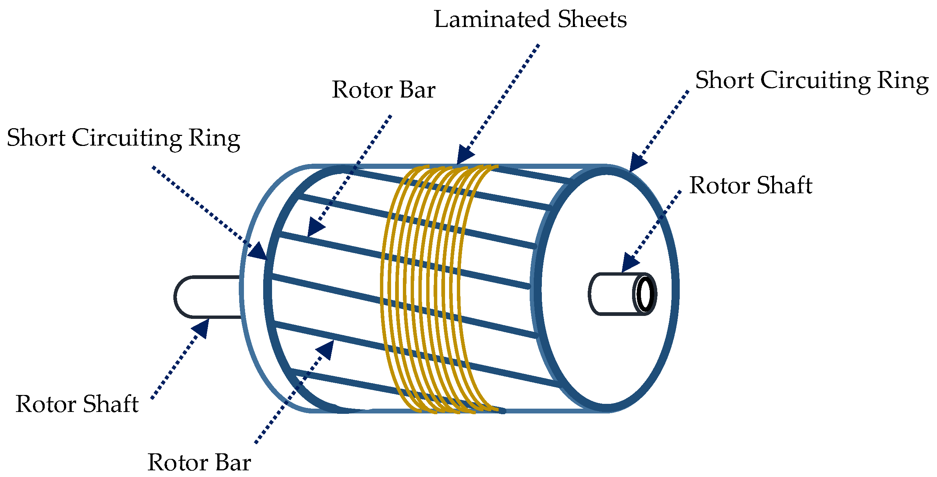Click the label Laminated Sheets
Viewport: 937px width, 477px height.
[x=530, y=19]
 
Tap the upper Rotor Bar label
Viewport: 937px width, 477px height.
[x=383, y=90]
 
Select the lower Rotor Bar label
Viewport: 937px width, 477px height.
[x=199, y=462]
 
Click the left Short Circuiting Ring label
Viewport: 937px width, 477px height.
[x=123, y=138]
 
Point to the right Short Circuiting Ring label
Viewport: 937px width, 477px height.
[x=812, y=81]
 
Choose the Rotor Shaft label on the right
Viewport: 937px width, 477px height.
[x=750, y=185]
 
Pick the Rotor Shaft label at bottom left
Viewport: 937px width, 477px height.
[x=77, y=404]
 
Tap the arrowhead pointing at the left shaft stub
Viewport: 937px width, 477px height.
[x=202, y=328]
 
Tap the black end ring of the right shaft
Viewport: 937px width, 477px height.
[x=645, y=294]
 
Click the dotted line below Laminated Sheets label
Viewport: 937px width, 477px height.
[x=503, y=96]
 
